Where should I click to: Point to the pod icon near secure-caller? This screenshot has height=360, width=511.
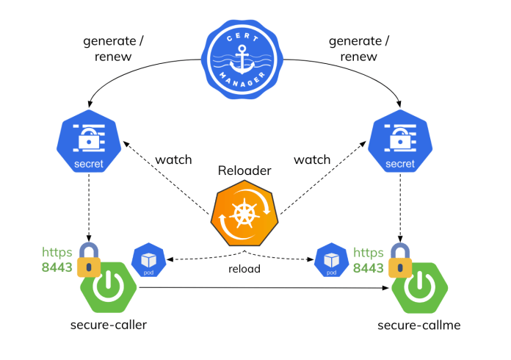pyautogui.click(x=148, y=259)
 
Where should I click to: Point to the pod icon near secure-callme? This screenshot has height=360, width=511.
pyautogui.click(x=330, y=260)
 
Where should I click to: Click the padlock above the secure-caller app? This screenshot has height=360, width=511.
pyautogui.click(x=90, y=259)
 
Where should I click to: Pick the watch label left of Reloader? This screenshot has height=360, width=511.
pyautogui.click(x=173, y=159)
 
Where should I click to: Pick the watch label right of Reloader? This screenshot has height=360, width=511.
pyautogui.click(x=312, y=159)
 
